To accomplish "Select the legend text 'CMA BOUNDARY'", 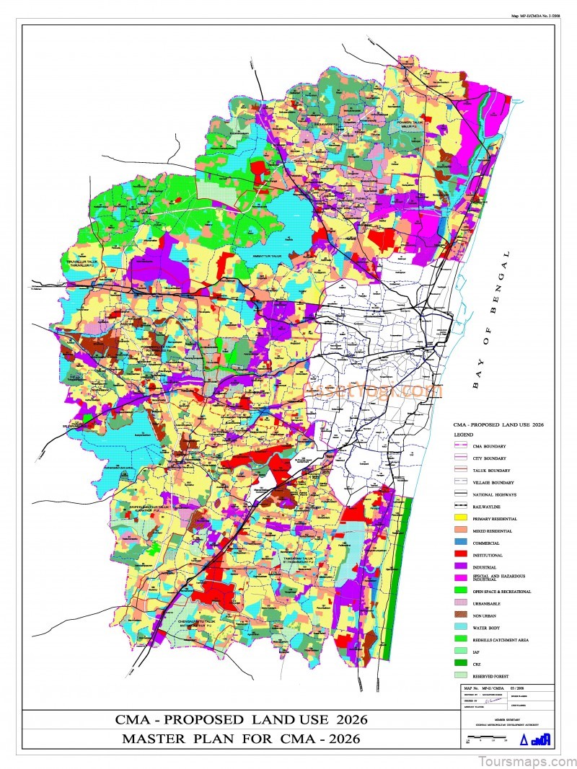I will pos(490,446).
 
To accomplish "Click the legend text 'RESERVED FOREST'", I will pos(493,675).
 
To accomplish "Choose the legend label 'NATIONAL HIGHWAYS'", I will pos(495,494).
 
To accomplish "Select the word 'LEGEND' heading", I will pos(464,435).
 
